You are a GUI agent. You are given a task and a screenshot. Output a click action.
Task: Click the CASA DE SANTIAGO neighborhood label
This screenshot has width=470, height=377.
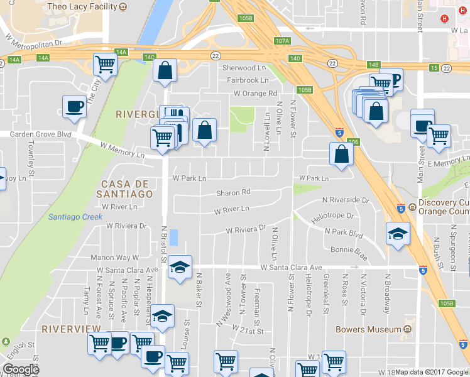point(126,188)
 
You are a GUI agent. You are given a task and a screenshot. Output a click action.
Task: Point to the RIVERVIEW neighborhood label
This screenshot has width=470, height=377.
point(71,329)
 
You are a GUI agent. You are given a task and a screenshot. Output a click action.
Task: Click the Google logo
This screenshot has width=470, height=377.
point(21,369)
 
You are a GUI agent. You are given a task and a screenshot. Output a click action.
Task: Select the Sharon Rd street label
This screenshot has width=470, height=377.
point(233,193)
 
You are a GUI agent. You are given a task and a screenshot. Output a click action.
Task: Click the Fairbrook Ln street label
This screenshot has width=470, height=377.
point(248,81)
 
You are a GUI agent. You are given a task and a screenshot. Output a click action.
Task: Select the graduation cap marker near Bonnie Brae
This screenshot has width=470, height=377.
point(398,234)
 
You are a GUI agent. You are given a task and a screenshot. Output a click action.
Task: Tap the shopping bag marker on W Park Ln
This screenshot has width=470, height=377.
point(341,154)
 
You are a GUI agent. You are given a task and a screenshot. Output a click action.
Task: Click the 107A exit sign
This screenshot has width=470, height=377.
point(283,41)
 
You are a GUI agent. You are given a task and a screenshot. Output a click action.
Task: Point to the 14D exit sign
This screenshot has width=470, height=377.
point(295,58)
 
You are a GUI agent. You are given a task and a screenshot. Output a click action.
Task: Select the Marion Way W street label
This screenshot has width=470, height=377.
point(114,258)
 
